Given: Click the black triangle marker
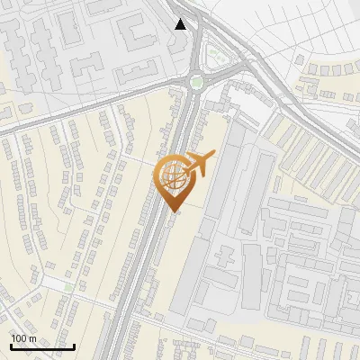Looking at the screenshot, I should coord(182,24).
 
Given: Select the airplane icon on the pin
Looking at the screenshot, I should coord(199,163).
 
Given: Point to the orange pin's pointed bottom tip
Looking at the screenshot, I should coord(174,212).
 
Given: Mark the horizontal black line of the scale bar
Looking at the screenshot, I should coord(42,346).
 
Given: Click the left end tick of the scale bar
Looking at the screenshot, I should coord(11,345).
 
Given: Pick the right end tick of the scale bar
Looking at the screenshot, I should coord(74,345).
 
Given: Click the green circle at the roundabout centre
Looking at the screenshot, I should coord(196,83).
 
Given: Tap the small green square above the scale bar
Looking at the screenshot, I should coord(68,287).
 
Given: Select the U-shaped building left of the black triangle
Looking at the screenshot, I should coord(135,31).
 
